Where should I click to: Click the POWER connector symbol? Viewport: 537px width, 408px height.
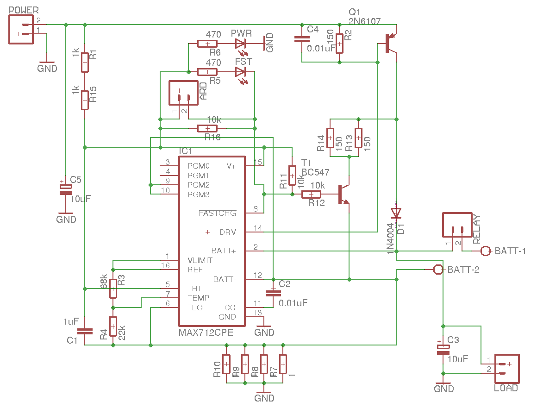pyautogui.click(x=21, y=29)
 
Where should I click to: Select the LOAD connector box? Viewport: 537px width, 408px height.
pyautogui.click(x=506, y=369)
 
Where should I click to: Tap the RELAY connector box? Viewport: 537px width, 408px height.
pyautogui.click(x=456, y=226)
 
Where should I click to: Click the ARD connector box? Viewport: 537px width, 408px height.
pyautogui.click(x=183, y=94)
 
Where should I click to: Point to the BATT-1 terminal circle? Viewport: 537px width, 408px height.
pyautogui.click(x=485, y=251)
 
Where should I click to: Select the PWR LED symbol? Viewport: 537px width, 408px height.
pyautogui.click(x=240, y=44)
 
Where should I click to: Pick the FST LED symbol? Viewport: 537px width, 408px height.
pyautogui.click(x=240, y=72)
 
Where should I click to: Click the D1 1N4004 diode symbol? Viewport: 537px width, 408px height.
pyautogui.click(x=396, y=213)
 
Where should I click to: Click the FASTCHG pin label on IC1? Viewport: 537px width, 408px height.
pyautogui.click(x=218, y=213)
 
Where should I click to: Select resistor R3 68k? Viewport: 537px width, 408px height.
pyautogui.click(x=112, y=288)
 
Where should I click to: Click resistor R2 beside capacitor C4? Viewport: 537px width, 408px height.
pyautogui.click(x=339, y=44)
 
